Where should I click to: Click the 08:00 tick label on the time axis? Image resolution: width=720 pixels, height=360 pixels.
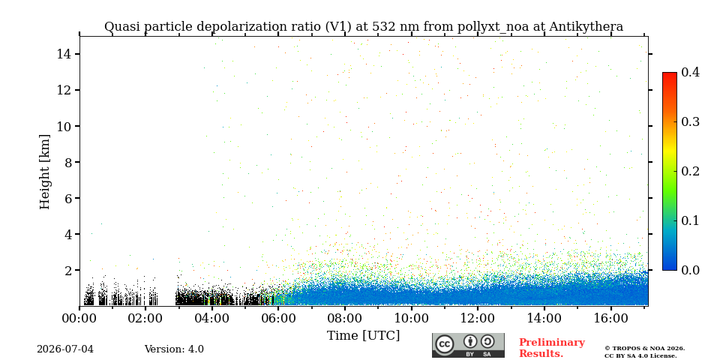point(345,318)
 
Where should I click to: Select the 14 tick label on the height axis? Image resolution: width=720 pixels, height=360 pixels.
point(63,54)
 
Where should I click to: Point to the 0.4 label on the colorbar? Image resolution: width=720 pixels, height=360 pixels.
point(690,72)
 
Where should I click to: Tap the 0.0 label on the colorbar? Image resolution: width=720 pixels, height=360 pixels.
point(690,270)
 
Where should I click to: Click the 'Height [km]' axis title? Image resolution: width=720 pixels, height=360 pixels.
point(44,172)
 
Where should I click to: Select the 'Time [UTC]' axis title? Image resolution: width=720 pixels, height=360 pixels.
point(363,336)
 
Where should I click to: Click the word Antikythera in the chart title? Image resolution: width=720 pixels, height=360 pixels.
point(586,27)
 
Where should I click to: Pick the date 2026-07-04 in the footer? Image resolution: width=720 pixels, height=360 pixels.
point(65,349)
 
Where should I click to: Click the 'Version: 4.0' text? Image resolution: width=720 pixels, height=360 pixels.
point(174,349)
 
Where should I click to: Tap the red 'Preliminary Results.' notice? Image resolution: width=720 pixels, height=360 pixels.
point(552,348)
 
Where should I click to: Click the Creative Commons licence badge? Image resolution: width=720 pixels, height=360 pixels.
point(468,345)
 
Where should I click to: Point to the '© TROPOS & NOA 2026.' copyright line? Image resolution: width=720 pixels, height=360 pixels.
point(645,349)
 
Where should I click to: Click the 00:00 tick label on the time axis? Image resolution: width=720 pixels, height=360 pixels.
point(80,318)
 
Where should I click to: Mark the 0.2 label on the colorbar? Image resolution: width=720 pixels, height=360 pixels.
point(690,171)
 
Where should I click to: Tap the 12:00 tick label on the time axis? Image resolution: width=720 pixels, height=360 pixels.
point(478,318)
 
